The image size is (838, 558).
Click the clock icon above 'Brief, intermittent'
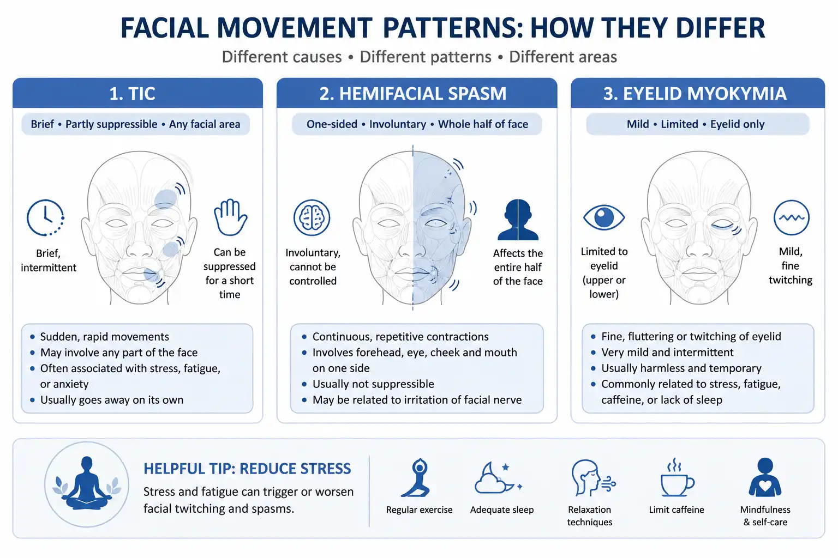click(x=45, y=217)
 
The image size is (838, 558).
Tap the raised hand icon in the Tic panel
click(x=230, y=217)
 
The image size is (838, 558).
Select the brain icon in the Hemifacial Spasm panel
click(x=312, y=217)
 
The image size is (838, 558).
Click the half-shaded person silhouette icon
click(x=518, y=220)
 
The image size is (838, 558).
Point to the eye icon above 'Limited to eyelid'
click(x=604, y=217)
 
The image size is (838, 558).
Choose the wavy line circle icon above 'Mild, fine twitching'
click(x=791, y=217)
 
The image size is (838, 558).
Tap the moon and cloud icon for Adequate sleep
click(x=498, y=478)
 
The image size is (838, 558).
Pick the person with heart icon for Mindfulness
click(x=765, y=477)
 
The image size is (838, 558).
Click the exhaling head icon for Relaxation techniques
click(x=592, y=477)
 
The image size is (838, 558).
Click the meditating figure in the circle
click(x=87, y=483)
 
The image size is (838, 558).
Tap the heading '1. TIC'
click(x=132, y=93)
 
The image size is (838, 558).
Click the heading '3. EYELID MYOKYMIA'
click(x=695, y=93)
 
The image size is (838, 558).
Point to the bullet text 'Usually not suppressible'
click(x=373, y=384)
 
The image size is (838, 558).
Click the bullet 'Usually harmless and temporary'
click(x=681, y=368)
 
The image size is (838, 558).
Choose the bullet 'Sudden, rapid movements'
click(x=104, y=337)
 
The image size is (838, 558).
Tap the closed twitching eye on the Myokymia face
click(x=723, y=226)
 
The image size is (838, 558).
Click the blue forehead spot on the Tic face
click(x=165, y=198)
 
